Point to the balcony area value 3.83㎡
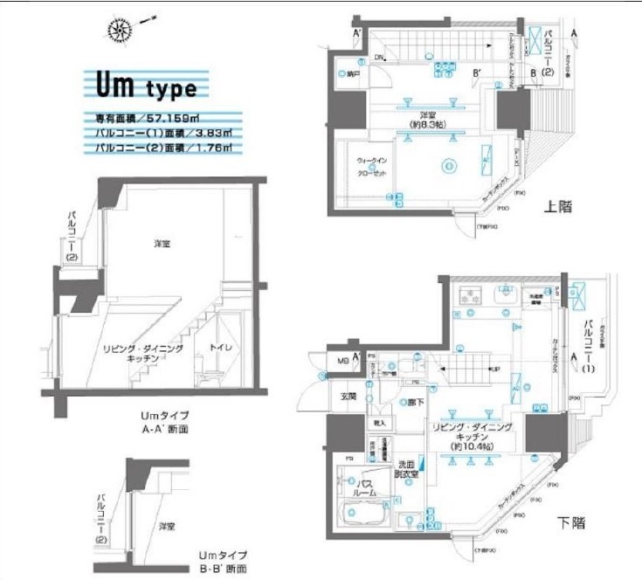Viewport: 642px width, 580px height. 213,133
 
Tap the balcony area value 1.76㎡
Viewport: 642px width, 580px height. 214,148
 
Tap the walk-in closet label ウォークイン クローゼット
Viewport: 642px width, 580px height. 371,167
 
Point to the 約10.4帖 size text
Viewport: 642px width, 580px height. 471,446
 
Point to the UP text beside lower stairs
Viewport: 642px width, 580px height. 472,370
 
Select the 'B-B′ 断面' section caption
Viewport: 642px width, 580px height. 222,569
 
